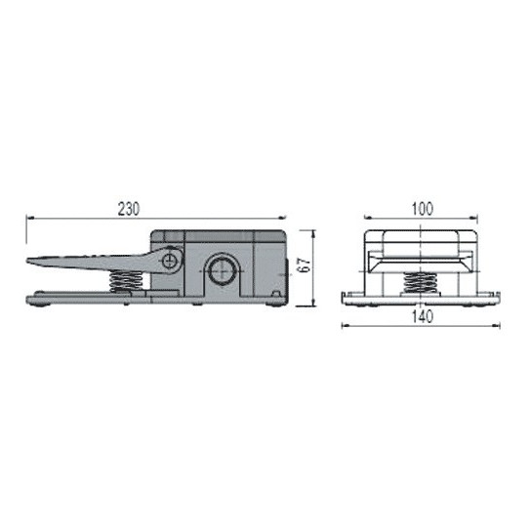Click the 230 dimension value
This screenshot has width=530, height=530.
tap(129, 209)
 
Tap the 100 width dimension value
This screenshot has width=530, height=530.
tap(422, 209)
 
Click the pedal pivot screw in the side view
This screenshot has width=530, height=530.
tap(172, 261)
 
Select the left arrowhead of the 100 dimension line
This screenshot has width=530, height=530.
tap(364, 219)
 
